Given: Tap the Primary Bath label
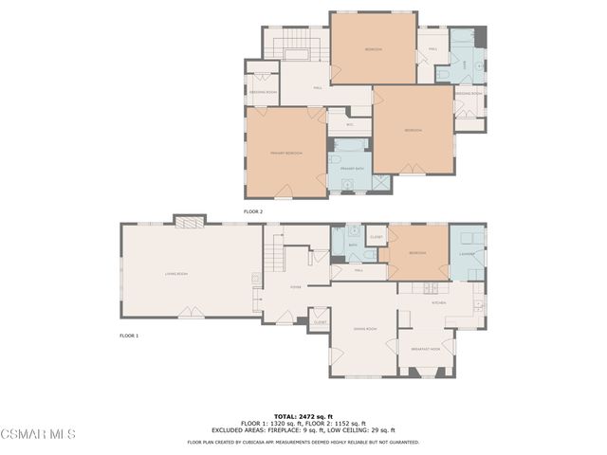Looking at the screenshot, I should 353,169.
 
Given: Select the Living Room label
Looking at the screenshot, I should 175,274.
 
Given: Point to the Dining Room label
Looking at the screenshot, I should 365,329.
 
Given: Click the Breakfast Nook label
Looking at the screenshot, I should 426,349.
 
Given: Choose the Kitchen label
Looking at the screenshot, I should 438,302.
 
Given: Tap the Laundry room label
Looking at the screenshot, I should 467,253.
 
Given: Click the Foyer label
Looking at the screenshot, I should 295,285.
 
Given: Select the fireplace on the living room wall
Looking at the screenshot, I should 188,220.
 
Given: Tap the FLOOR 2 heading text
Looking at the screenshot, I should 252,211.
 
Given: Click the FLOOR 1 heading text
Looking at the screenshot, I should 129,336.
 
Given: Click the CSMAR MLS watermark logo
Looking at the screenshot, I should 38,434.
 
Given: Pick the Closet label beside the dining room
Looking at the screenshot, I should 320,322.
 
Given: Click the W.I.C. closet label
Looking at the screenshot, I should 350,124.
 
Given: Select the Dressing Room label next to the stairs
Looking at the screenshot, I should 264,92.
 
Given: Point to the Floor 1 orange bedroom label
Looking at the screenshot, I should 417,253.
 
